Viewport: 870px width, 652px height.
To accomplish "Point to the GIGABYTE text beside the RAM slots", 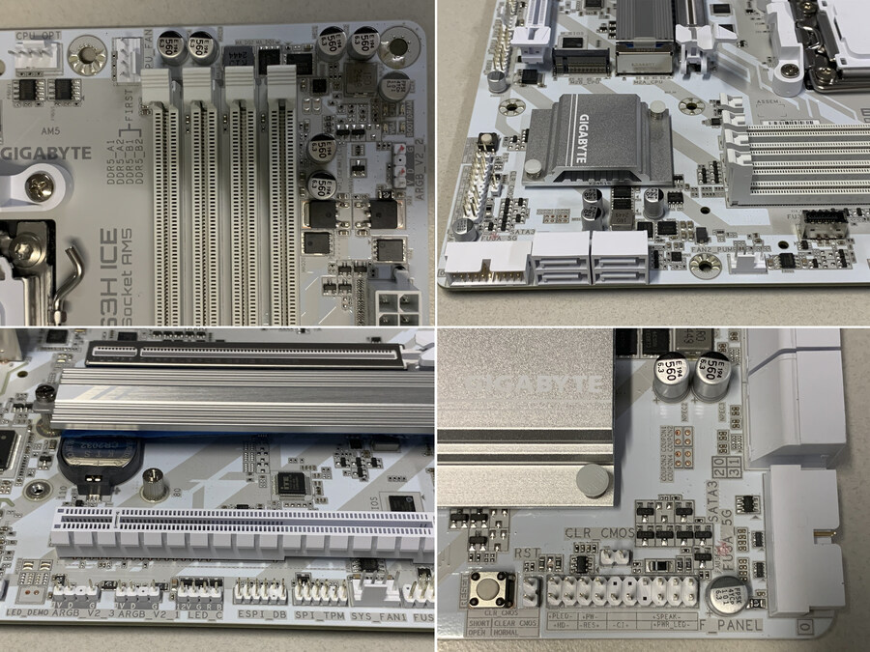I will tap(48, 153).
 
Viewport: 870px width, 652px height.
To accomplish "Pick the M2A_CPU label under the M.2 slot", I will tap(644, 79).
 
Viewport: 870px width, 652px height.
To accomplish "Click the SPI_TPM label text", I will tap(319, 615).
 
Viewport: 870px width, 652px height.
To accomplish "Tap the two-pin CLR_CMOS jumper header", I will tap(611, 556).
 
